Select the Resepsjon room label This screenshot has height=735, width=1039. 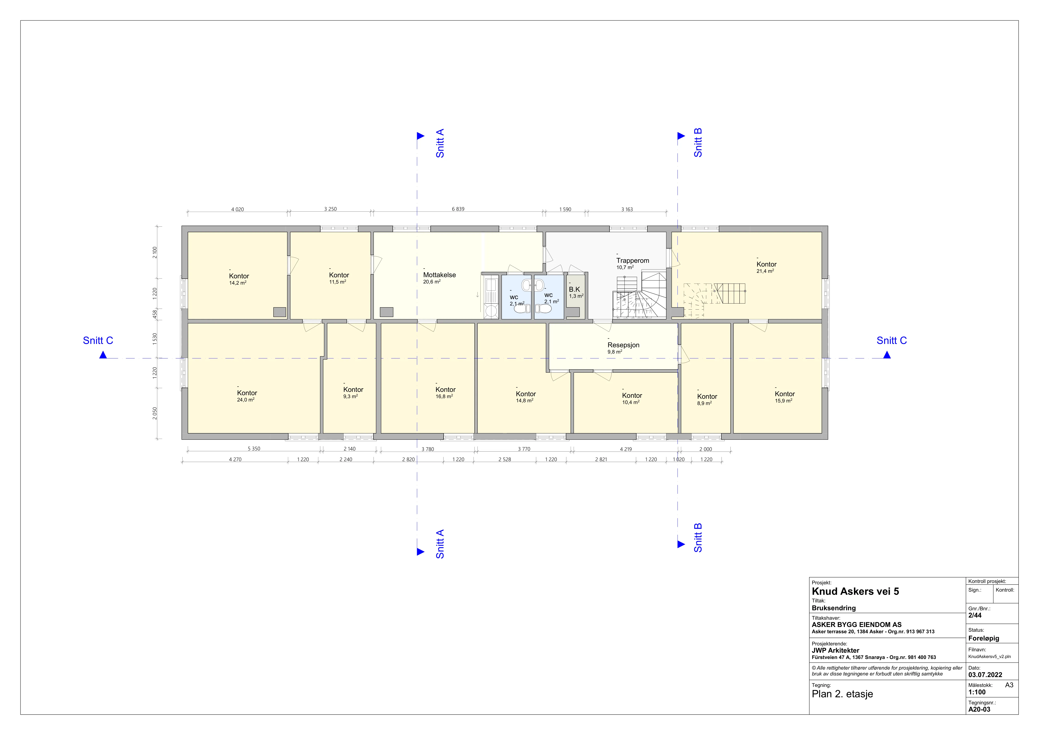coord(623,345)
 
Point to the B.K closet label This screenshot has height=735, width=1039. coord(574,289)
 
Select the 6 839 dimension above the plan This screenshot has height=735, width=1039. coord(458,209)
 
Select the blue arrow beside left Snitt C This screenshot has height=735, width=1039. coord(103,355)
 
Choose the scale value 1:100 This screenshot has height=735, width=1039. coord(977,692)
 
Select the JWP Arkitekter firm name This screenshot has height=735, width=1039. coord(835,650)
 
